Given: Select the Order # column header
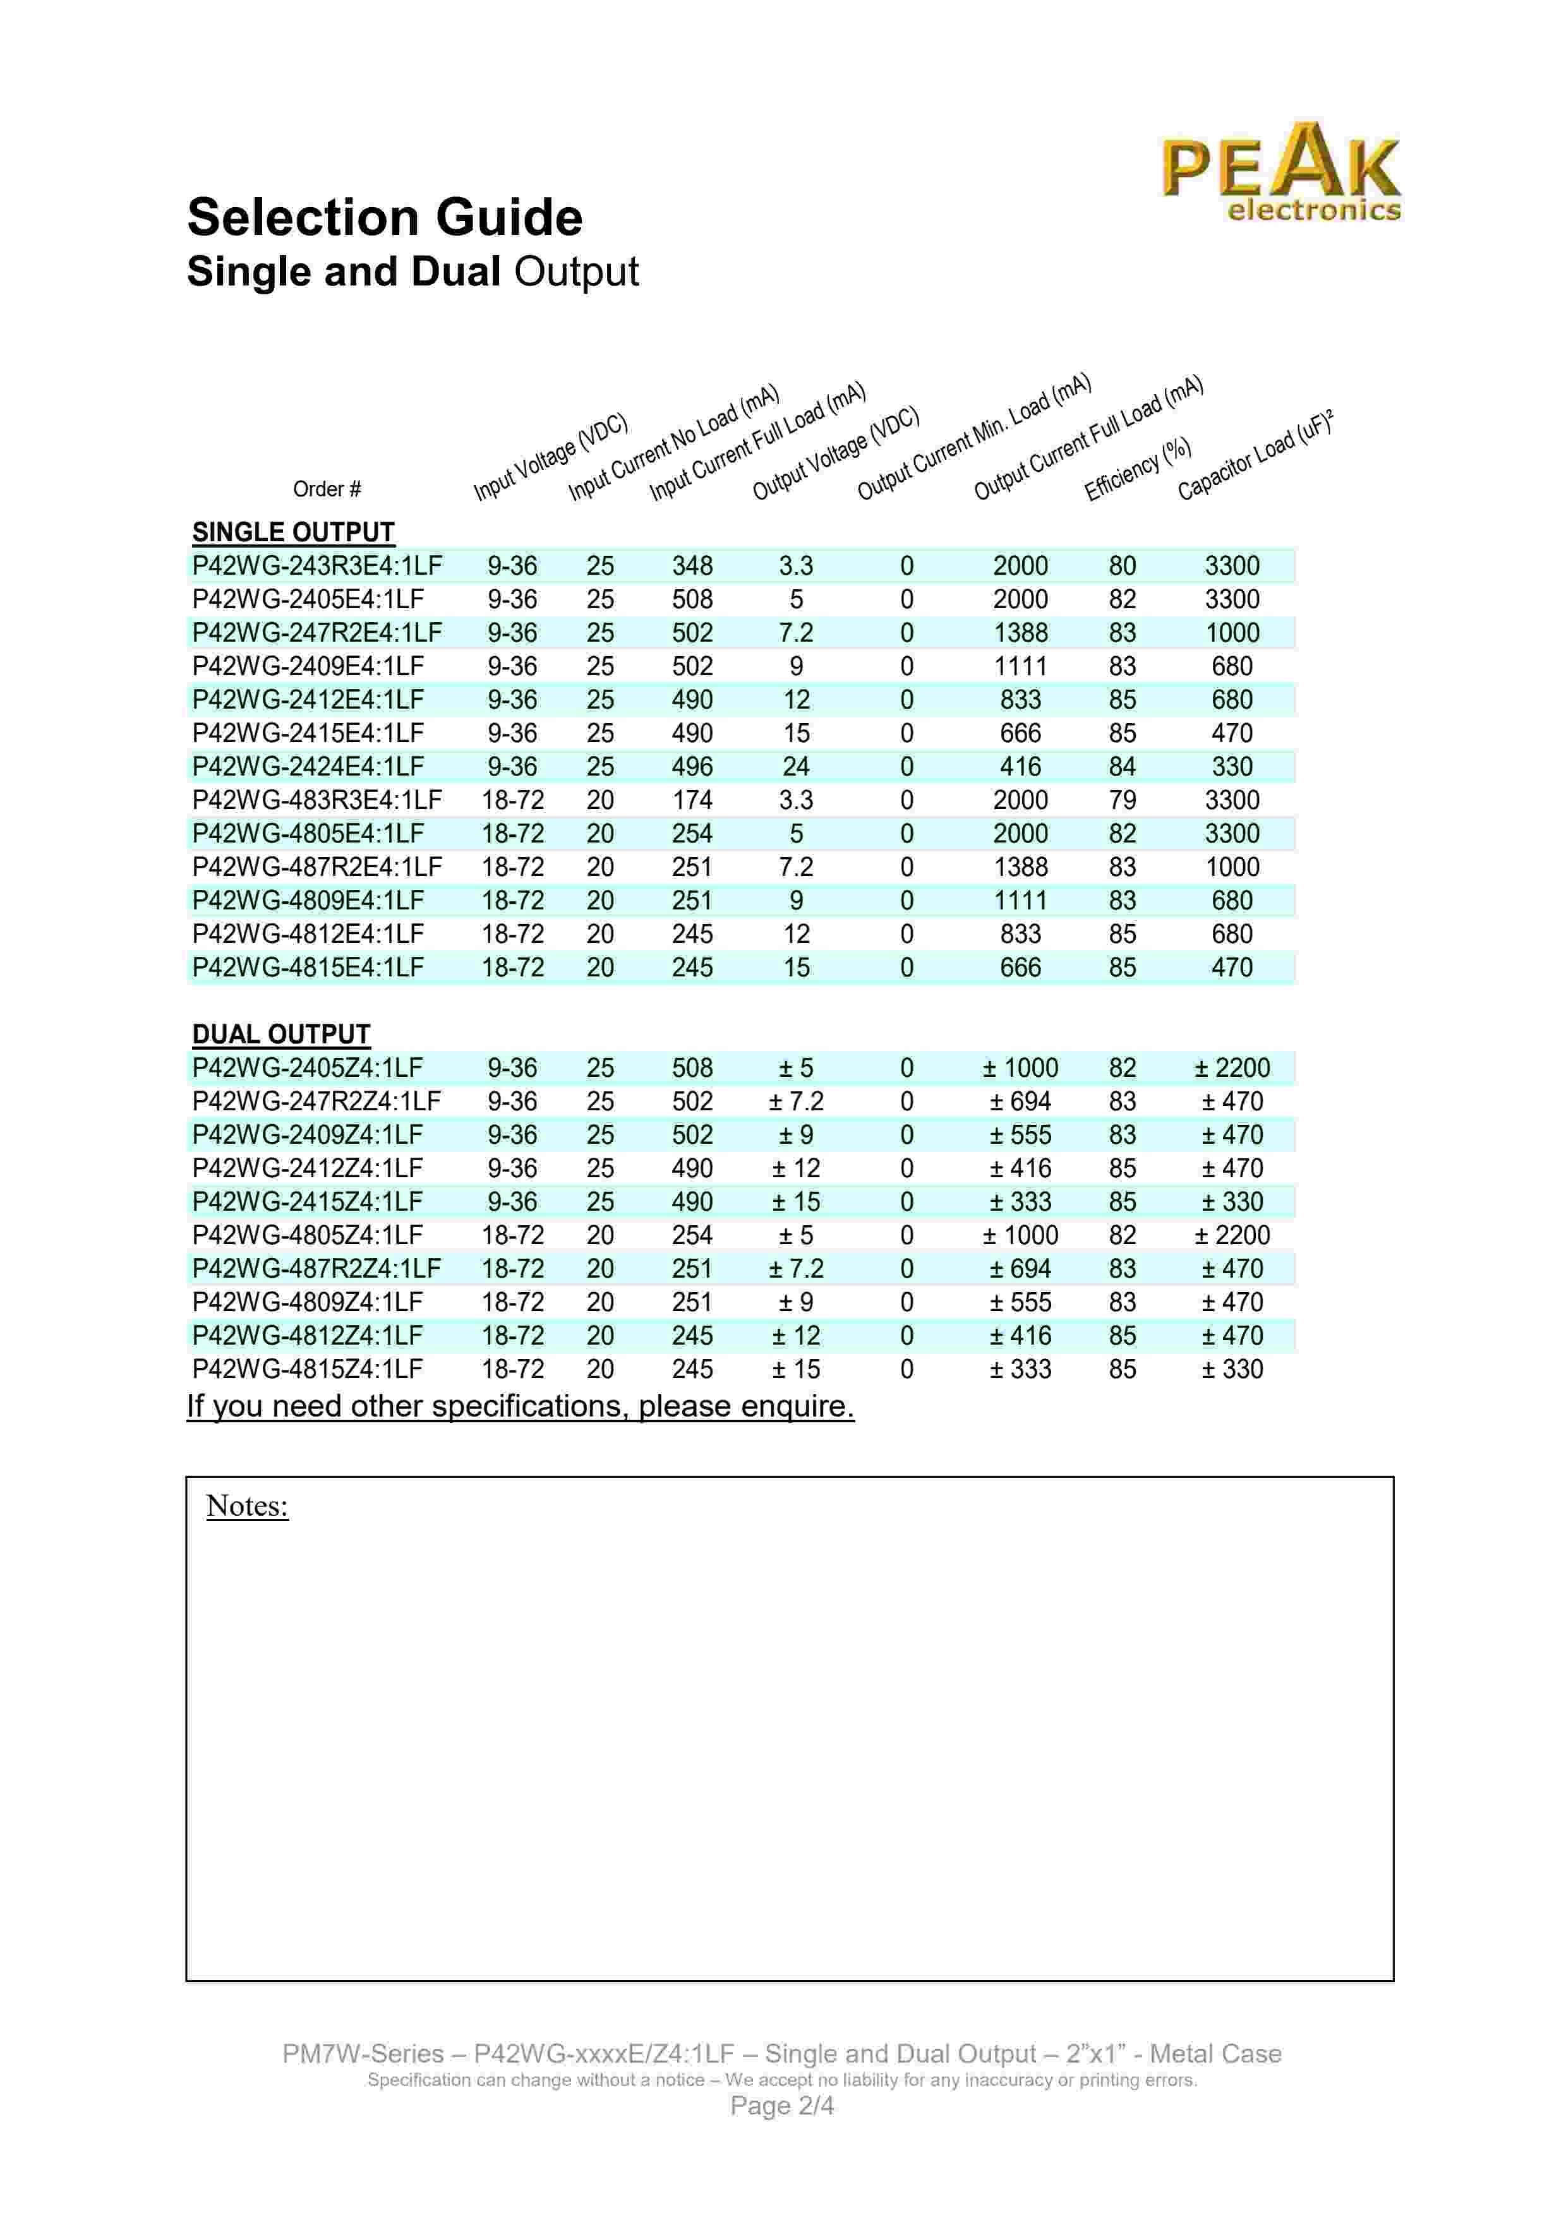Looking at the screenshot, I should click(327, 489).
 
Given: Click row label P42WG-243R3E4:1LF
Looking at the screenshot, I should click(316, 566).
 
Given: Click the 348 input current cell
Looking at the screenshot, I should click(692, 566).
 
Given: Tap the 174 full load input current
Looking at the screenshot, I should click(692, 800).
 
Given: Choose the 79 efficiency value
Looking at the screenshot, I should click(1123, 800).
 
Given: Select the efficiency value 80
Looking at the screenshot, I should click(1123, 566).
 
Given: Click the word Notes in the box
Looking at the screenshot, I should click(247, 1506).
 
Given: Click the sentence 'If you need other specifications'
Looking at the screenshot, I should click(521, 1406).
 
